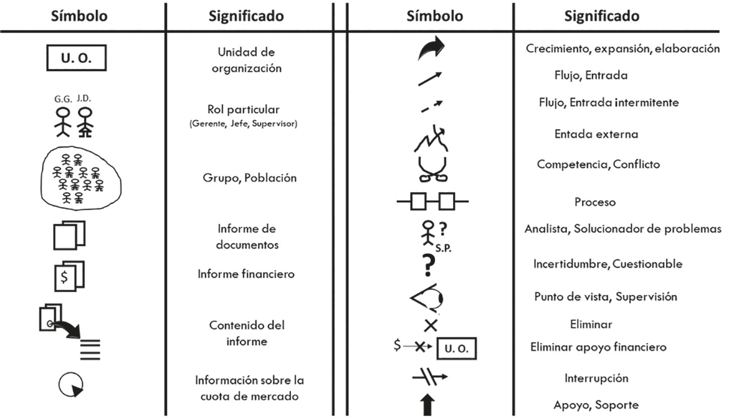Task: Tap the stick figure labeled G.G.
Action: [62, 120]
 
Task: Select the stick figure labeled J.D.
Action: [85, 121]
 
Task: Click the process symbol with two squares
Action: [432, 201]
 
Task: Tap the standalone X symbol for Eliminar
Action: [431, 324]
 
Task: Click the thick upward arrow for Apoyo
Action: [428, 405]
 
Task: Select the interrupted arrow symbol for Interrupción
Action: [430, 378]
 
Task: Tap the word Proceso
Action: [594, 202]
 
